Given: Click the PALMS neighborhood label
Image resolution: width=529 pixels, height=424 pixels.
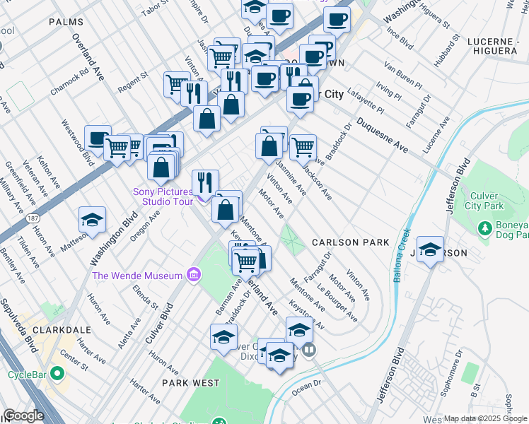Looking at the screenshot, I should point(66,22).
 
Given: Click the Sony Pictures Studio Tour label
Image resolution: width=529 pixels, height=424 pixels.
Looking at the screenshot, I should point(163,196).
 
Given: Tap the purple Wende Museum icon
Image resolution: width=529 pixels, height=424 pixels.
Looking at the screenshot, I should point(192,275).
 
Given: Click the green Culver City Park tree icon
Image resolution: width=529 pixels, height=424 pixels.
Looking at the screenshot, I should point(484,228).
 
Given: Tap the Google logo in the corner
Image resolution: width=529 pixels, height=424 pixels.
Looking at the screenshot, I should point(23,416).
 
